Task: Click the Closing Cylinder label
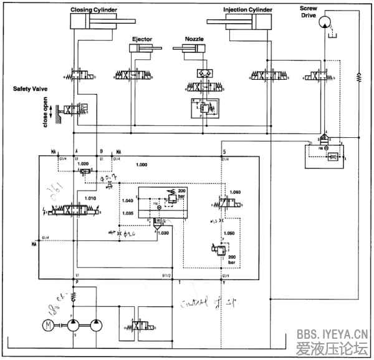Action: pyautogui.click(x=93, y=10)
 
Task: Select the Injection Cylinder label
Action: pyautogui.click(x=247, y=10)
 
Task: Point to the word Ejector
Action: pyautogui.click(x=141, y=39)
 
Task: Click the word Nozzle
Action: pyautogui.click(x=194, y=39)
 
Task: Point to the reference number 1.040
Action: pyautogui.click(x=127, y=200)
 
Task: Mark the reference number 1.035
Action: pyautogui.click(x=127, y=213)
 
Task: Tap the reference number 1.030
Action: pyautogui.click(x=163, y=233)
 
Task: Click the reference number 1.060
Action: pyautogui.click(x=235, y=192)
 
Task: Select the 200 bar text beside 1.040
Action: pyautogui.click(x=182, y=193)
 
